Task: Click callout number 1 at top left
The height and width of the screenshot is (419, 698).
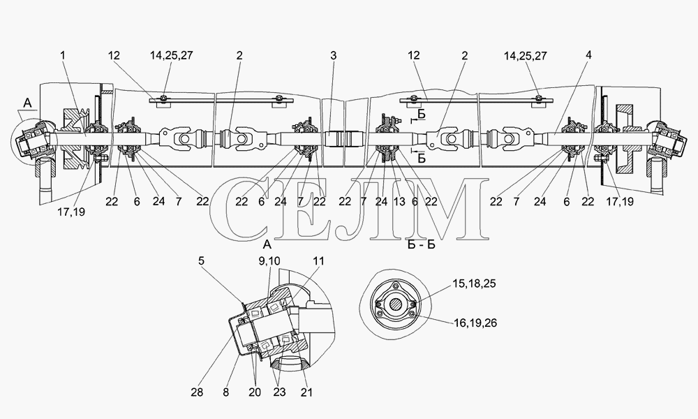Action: tap(63, 55)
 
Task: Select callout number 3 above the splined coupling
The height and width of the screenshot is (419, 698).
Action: tap(334, 55)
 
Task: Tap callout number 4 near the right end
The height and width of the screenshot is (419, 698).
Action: tap(589, 55)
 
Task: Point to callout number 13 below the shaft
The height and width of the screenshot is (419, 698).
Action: tap(399, 202)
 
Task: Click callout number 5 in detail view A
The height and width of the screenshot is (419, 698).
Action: tap(201, 260)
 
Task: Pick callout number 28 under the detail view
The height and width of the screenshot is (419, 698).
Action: tap(197, 392)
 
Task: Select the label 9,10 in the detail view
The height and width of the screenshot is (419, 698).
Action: tap(269, 261)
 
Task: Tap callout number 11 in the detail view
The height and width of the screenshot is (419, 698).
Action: tap(319, 261)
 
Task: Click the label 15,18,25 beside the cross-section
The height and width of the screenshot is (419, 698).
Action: tap(474, 284)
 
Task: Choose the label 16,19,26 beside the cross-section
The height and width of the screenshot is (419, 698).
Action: tap(475, 323)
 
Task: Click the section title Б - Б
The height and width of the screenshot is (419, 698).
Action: tap(421, 244)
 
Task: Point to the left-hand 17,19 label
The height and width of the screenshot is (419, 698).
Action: tap(70, 212)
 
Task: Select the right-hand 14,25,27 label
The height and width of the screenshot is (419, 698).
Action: tap(526, 56)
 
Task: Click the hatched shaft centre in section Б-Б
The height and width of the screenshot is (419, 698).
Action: tap(395, 304)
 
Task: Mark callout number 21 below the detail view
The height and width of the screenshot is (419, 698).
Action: tap(306, 392)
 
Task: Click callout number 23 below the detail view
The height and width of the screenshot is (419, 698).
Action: tap(279, 392)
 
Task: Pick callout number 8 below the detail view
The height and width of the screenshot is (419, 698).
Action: tap(226, 392)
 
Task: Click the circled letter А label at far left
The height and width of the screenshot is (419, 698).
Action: tap(28, 103)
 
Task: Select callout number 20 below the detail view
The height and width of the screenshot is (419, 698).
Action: tap(254, 392)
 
